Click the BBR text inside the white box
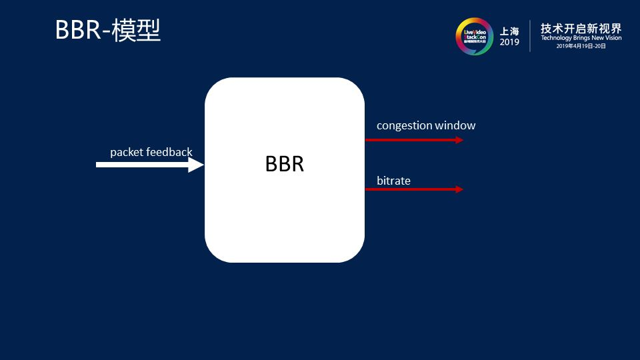(285, 164)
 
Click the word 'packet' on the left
(127, 152)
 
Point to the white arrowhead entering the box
(197, 164)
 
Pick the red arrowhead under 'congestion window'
(459, 140)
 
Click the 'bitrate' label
(393, 181)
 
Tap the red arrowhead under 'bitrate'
(459, 189)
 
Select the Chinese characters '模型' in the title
(137, 31)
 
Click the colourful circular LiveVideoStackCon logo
(474, 36)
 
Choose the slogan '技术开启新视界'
(581, 28)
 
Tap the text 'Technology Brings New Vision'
(581, 38)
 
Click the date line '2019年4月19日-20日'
(581, 46)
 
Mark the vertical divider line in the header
(530, 36)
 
